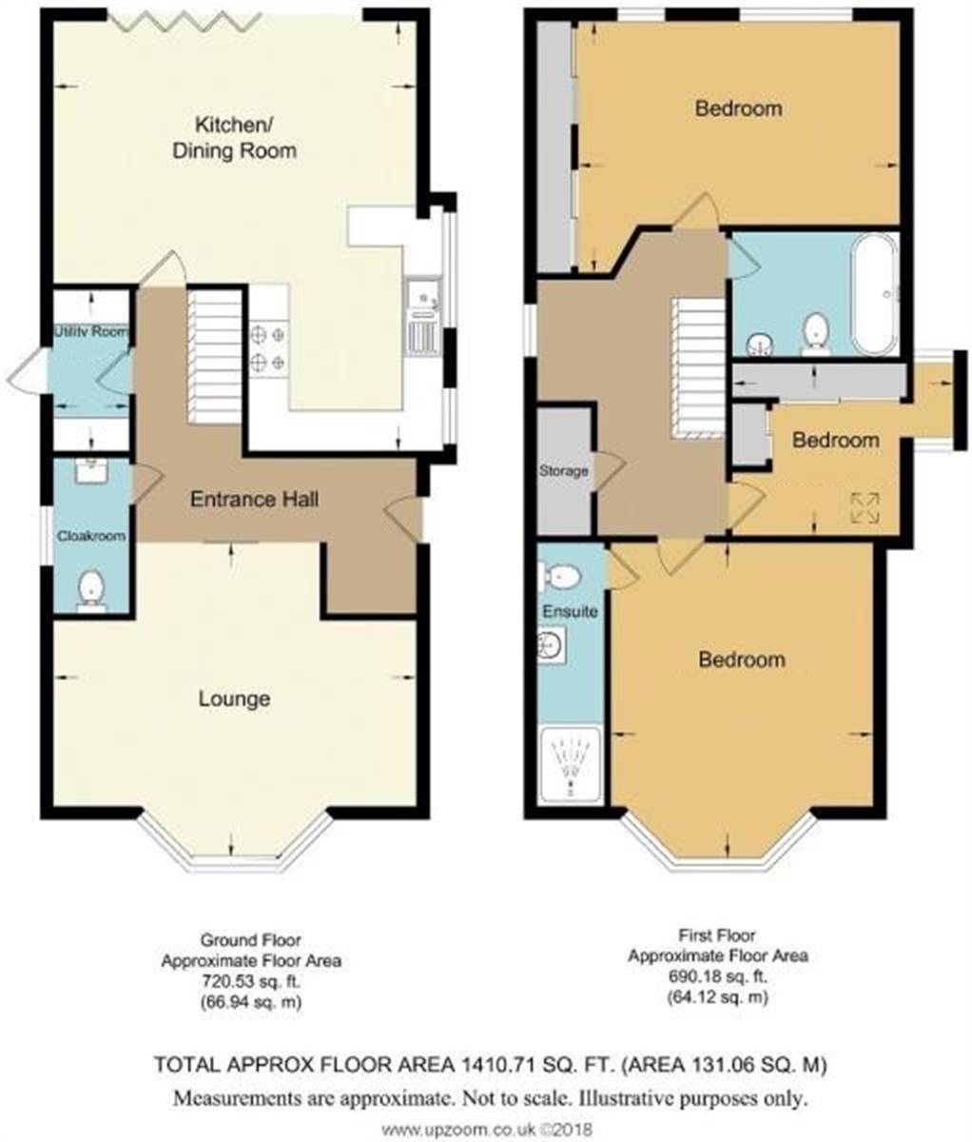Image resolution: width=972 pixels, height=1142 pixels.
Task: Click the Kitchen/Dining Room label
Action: coord(234,138)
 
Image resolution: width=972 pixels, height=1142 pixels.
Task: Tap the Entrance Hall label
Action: coord(255,500)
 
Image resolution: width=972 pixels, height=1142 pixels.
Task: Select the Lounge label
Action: coord(234,699)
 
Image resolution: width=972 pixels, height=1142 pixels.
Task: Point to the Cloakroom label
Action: coord(91,536)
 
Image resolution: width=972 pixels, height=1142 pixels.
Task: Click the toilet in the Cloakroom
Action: coord(91,592)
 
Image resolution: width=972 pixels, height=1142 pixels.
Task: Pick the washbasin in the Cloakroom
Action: coord(91,470)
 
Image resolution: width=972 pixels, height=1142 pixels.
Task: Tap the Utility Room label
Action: coord(91,331)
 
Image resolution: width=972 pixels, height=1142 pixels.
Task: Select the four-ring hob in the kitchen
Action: coord(268,348)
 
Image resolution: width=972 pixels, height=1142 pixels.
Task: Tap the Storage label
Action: coord(563,471)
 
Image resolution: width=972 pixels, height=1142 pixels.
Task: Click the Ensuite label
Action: coord(570,612)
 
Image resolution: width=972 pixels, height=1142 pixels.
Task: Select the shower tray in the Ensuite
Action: coord(571,765)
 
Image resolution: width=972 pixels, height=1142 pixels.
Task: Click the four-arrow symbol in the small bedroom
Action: coord(865,508)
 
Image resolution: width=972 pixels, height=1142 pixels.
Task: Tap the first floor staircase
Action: coord(698,368)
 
